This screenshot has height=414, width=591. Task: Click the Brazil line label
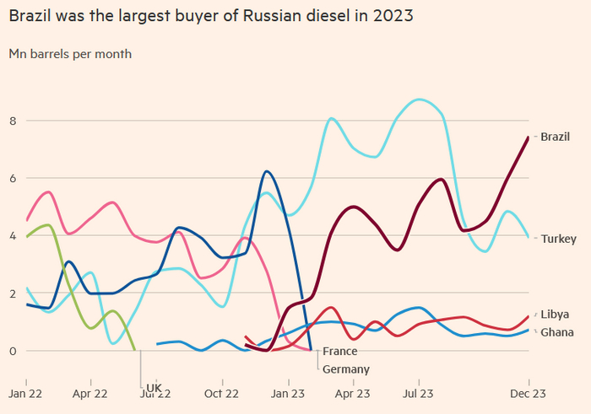[x=555, y=137]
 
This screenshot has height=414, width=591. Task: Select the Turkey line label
[x=558, y=239]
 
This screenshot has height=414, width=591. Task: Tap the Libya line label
[x=554, y=314]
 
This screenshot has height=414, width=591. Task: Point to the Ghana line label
[x=556, y=332]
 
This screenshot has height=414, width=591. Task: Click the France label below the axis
[x=339, y=352]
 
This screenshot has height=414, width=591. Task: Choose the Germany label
[x=345, y=369]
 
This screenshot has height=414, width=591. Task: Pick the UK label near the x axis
[x=154, y=388]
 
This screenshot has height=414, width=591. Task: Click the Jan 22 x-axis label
[x=26, y=393]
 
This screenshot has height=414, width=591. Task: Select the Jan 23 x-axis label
[x=288, y=393]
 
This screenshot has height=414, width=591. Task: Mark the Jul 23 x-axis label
[x=418, y=393]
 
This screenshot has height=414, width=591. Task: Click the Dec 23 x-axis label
[x=528, y=393]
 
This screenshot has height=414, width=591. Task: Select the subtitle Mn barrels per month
[x=70, y=54]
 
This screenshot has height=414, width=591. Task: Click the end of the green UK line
[x=135, y=349]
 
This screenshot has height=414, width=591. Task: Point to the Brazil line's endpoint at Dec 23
[x=529, y=137]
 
